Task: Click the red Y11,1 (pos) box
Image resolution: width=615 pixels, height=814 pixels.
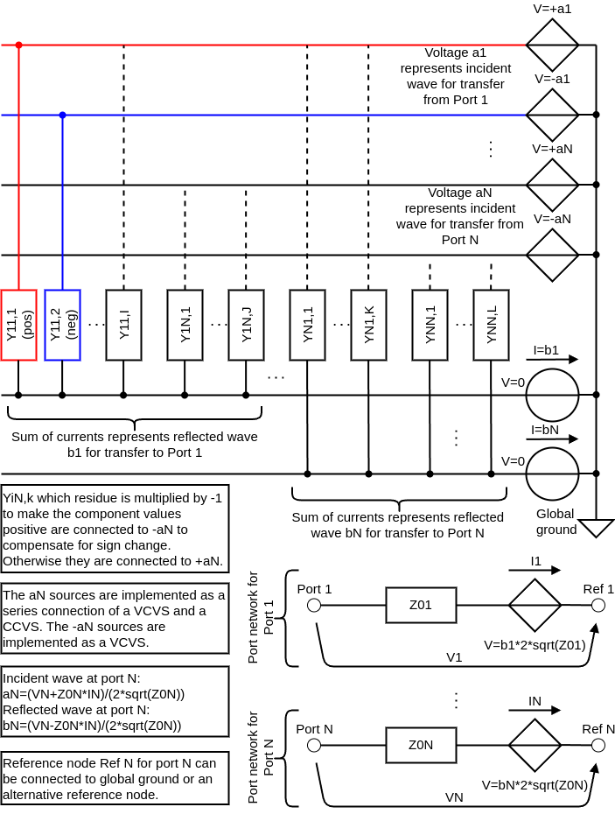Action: click(18, 325)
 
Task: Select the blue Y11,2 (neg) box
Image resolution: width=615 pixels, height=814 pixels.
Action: click(62, 325)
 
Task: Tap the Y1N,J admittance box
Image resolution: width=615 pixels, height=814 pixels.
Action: click(246, 325)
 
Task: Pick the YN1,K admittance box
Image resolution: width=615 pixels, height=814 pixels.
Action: click(368, 325)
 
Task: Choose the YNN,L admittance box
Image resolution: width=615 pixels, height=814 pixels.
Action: click(491, 325)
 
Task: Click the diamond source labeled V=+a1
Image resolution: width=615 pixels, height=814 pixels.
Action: click(552, 46)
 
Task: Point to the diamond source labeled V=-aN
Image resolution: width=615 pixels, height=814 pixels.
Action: click(552, 255)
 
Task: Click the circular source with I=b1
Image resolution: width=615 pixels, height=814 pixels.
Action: click(552, 395)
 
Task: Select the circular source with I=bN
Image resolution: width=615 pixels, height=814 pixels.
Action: click(552, 474)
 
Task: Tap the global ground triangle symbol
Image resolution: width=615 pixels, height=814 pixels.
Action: click(597, 527)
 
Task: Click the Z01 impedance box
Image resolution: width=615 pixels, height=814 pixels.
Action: click(421, 606)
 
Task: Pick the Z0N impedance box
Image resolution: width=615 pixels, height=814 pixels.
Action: click(421, 746)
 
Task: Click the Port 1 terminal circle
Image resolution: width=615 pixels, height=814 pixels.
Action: click(314, 606)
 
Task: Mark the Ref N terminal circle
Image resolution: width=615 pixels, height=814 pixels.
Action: click(598, 746)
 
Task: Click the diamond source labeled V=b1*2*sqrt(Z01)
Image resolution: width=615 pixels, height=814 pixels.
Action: click(535, 606)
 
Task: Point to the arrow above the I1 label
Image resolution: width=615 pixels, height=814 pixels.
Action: click(535, 570)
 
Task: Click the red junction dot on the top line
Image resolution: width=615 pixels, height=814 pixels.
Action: click(18, 46)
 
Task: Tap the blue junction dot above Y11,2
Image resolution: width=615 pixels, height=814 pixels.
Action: click(62, 115)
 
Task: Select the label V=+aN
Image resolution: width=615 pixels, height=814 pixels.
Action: click(552, 149)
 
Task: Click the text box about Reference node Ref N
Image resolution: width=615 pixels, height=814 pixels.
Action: click(115, 779)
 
